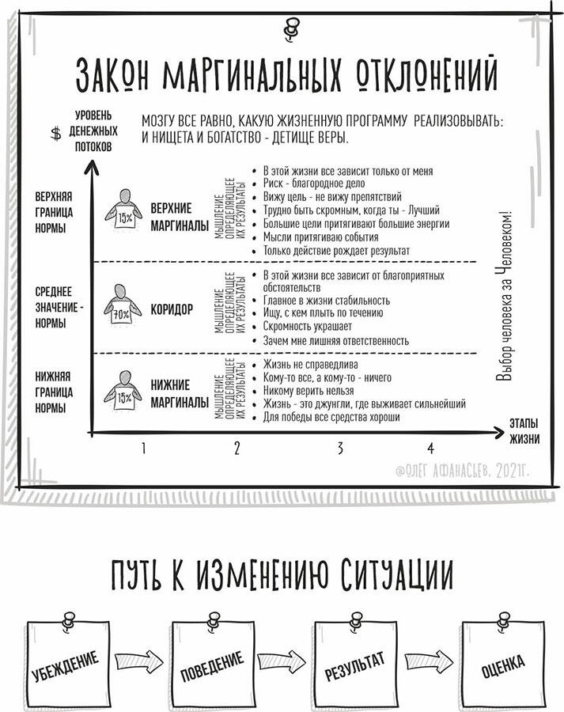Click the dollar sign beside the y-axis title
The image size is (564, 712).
[56, 133]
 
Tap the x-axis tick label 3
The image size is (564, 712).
[340, 449]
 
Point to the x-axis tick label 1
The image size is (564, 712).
[143, 449]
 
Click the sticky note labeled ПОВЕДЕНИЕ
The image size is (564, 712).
[212, 663]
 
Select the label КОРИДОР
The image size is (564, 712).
[172, 309]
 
